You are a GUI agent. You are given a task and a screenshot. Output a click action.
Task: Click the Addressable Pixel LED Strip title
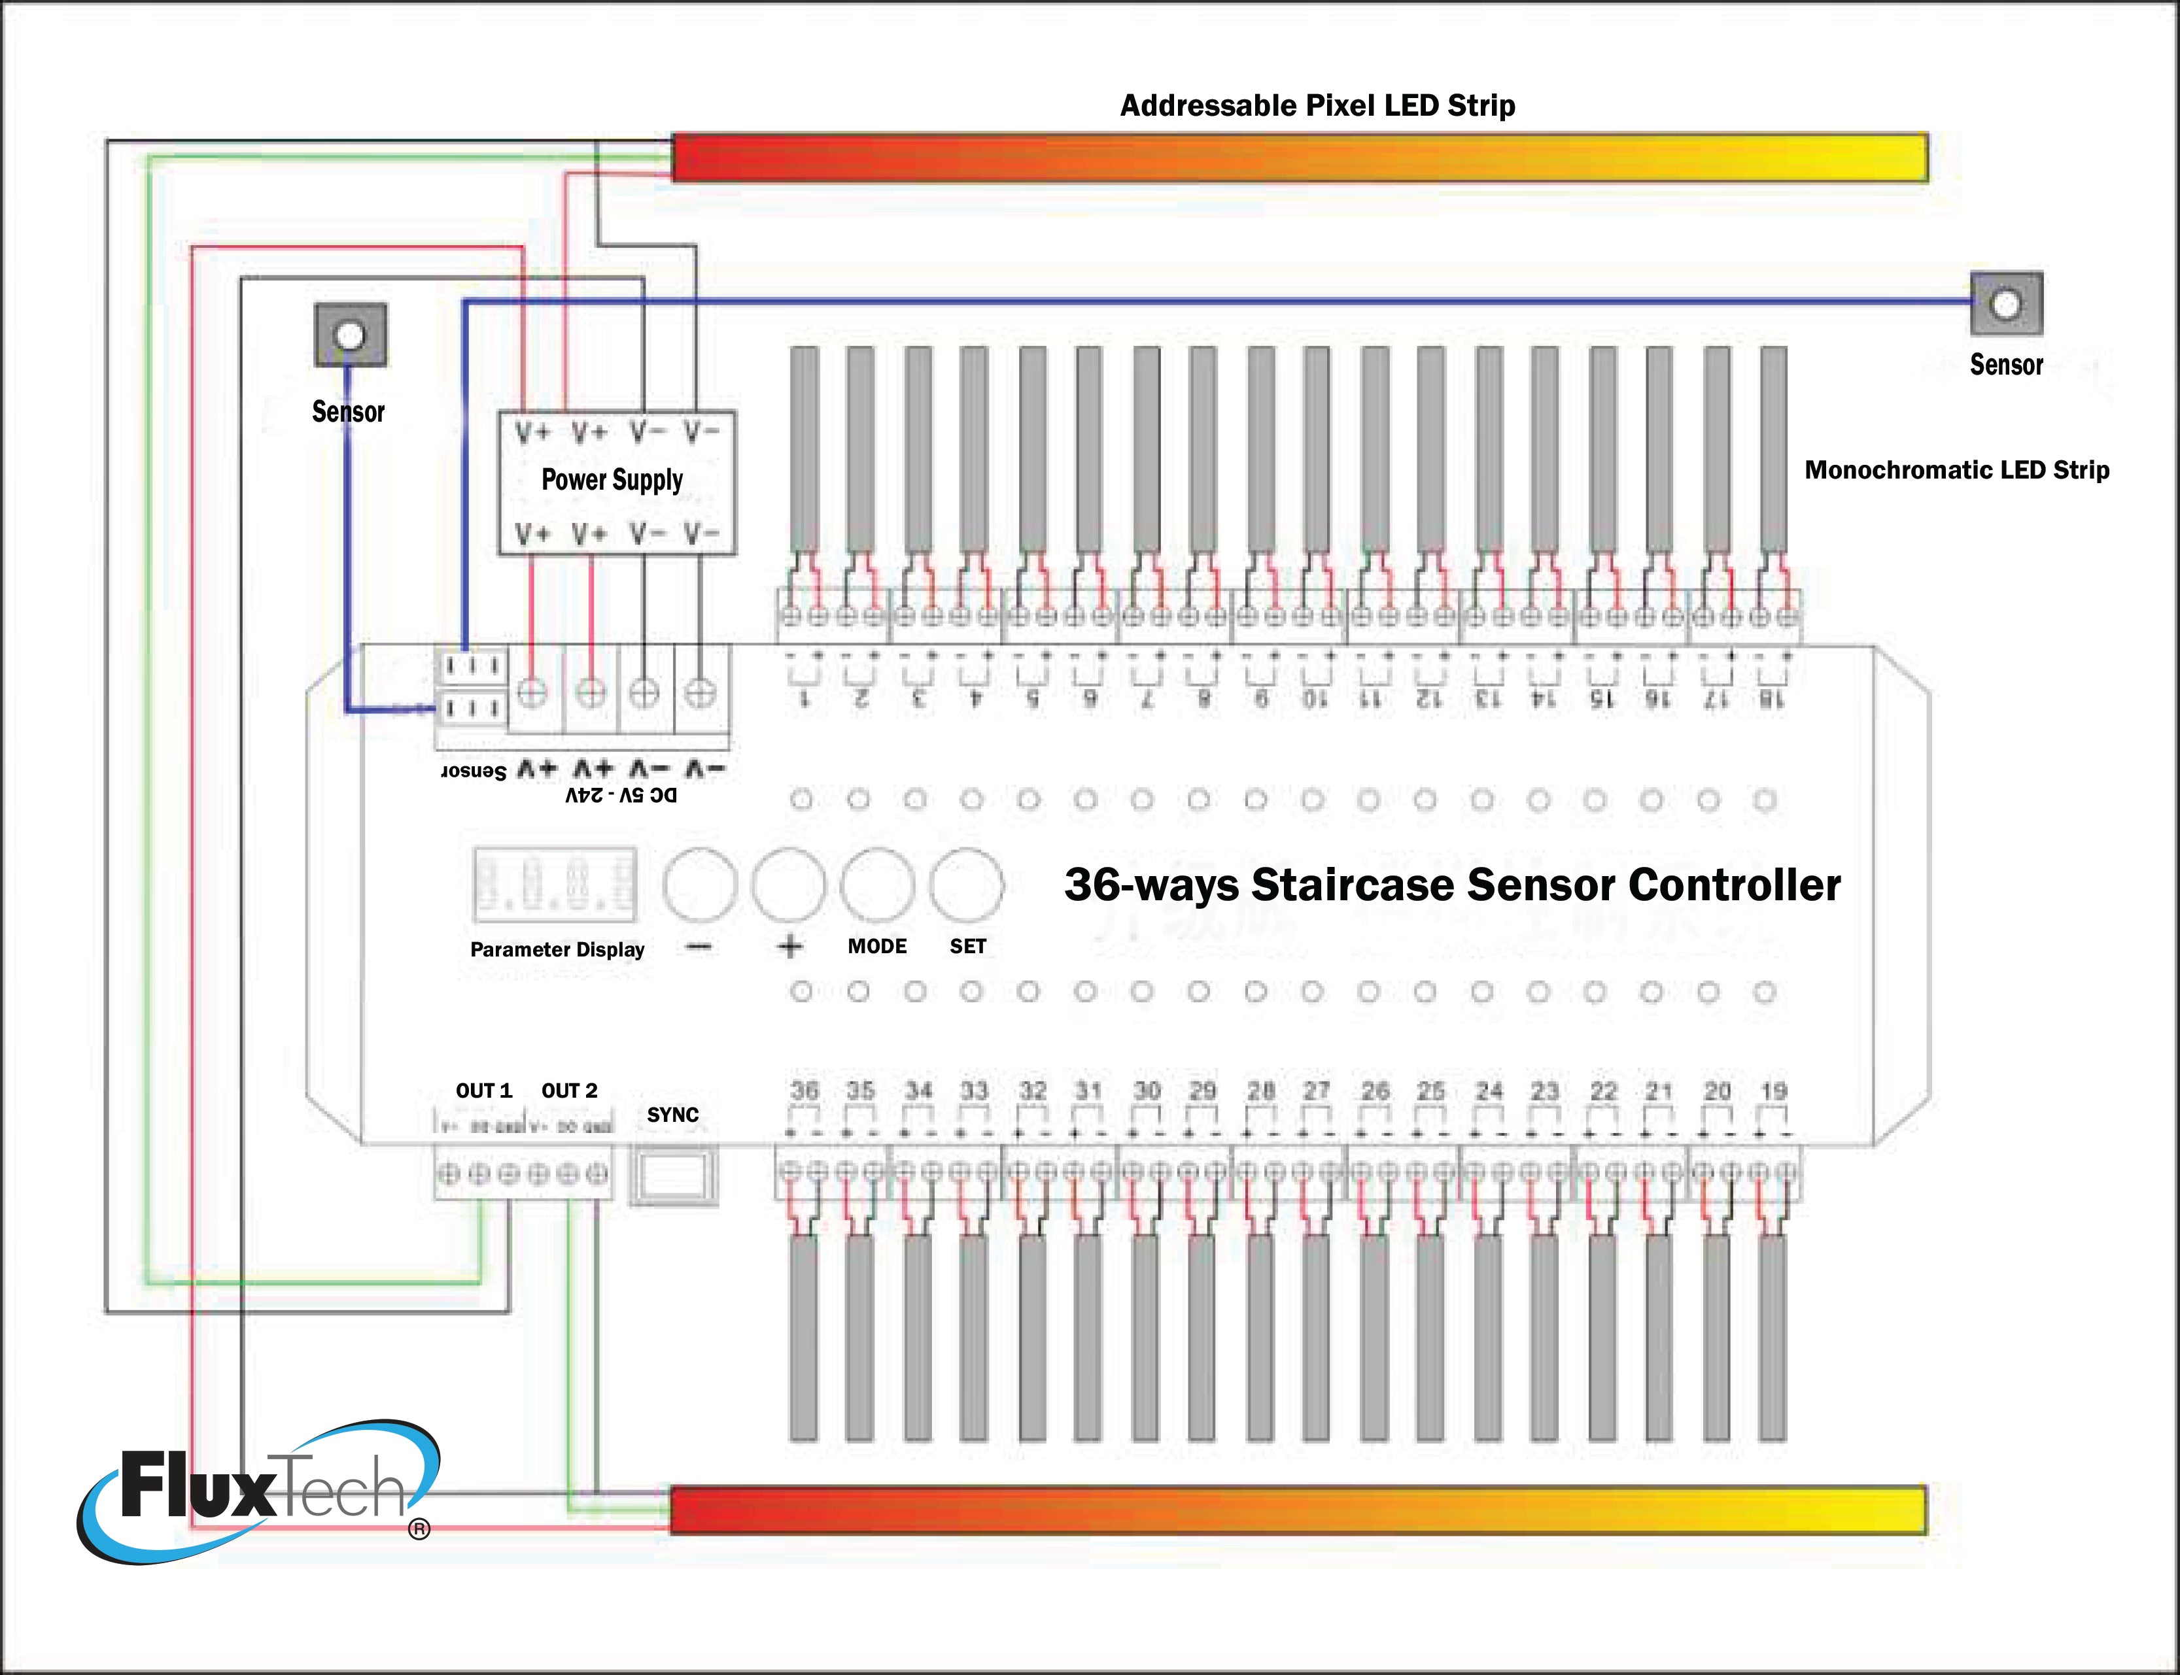(1317, 106)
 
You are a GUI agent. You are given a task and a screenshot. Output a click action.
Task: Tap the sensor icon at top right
(2005, 303)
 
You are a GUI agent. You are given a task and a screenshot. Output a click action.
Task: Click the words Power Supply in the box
(612, 480)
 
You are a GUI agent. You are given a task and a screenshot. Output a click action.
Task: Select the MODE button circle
(876, 885)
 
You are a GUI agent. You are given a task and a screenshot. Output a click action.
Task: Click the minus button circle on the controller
(699, 885)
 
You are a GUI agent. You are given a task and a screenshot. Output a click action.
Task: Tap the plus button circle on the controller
(788, 885)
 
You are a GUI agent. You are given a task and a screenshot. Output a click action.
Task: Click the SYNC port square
(673, 1177)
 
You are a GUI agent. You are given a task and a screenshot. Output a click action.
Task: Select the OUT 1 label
(483, 1091)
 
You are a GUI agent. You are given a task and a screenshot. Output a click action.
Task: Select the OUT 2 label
(570, 1091)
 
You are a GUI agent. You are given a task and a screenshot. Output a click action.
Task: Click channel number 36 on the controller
(804, 1091)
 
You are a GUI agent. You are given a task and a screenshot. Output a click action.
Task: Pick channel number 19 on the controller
(1773, 1091)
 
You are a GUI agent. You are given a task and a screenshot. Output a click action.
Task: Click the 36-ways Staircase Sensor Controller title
(1452, 885)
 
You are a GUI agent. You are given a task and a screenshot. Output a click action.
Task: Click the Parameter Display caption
(557, 949)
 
